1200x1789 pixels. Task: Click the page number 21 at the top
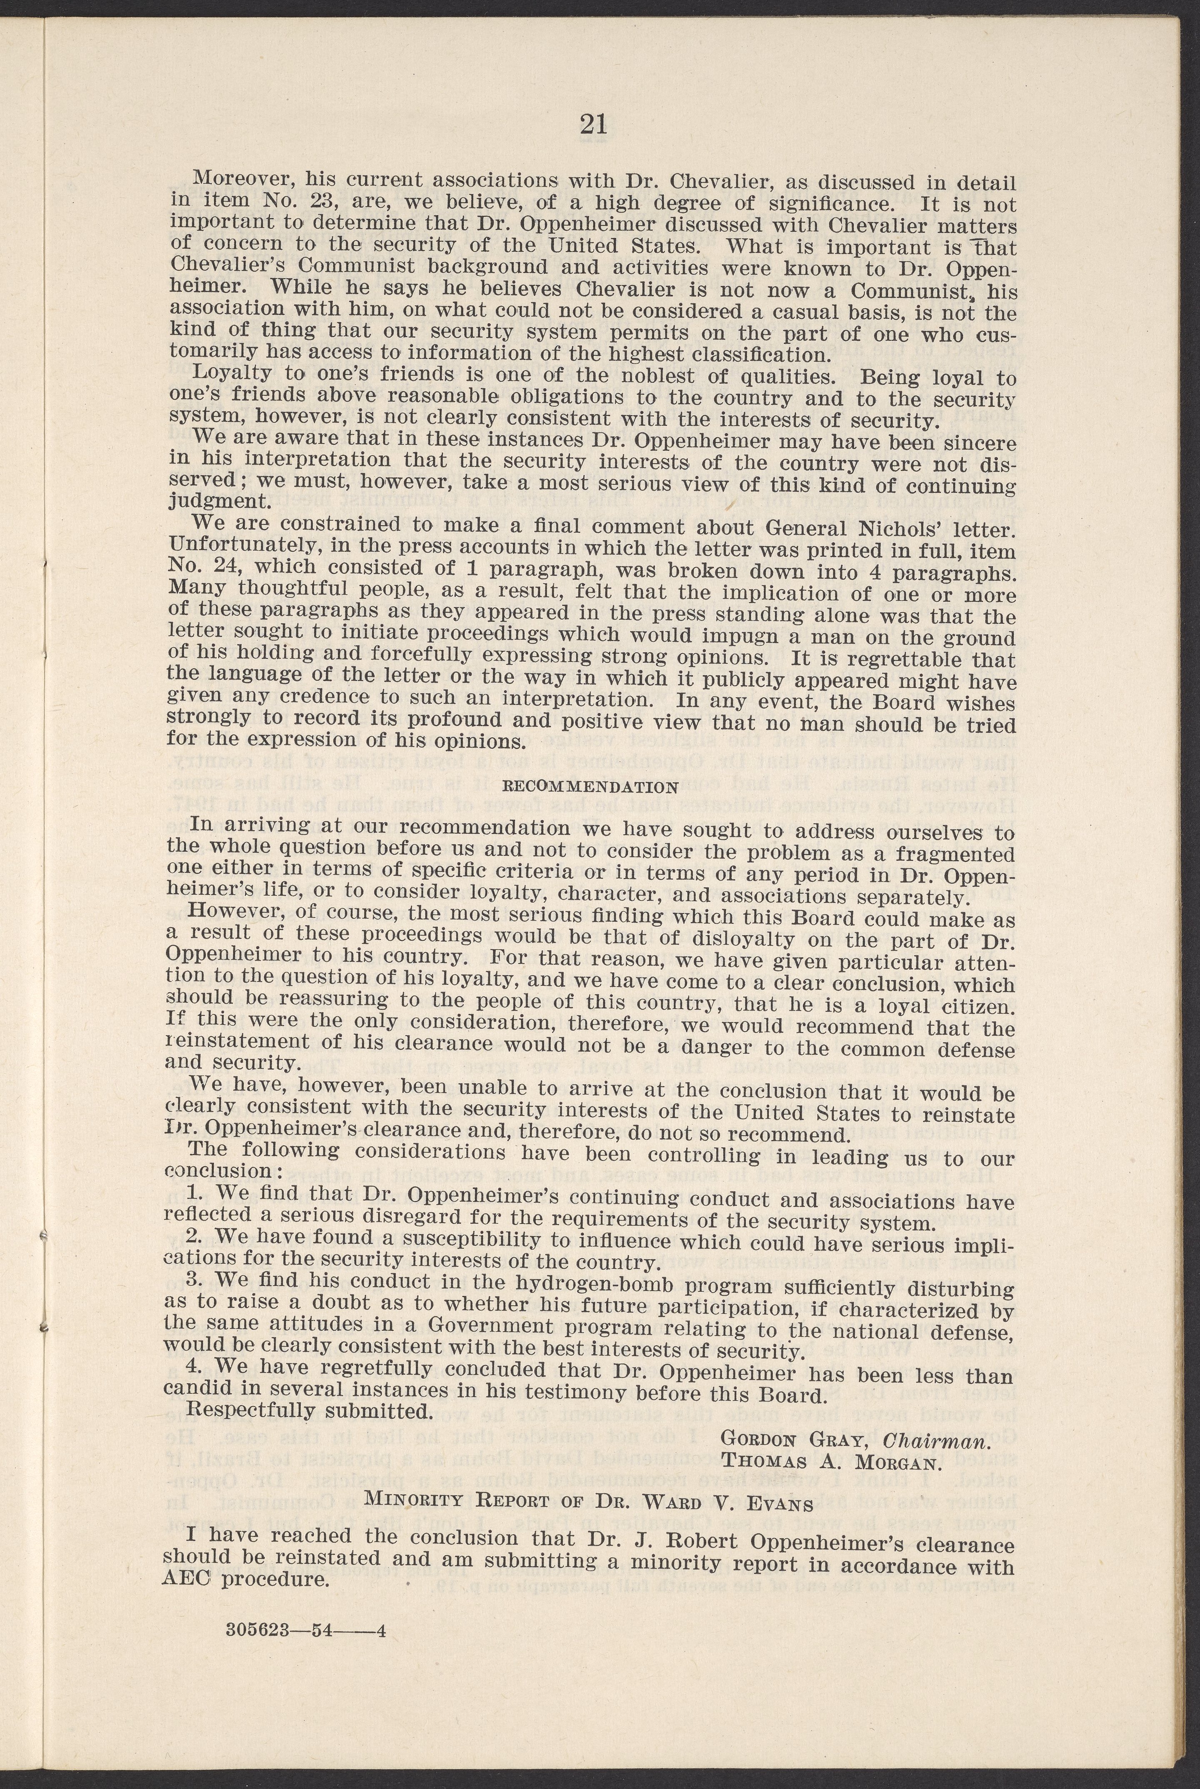(593, 124)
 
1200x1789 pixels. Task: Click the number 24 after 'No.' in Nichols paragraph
(220, 568)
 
